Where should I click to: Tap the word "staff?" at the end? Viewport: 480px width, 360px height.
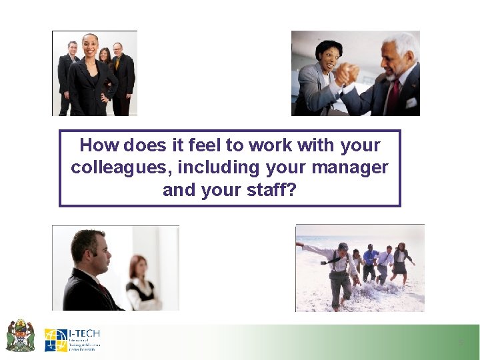[x=273, y=190]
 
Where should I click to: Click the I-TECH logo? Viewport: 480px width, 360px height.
[x=73, y=339]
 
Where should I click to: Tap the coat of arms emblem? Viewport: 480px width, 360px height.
[x=21, y=335]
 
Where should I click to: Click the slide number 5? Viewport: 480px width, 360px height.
[x=460, y=343]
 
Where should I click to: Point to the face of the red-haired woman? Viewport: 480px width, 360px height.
[x=140, y=267]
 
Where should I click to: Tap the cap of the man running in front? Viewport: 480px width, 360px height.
[x=343, y=247]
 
